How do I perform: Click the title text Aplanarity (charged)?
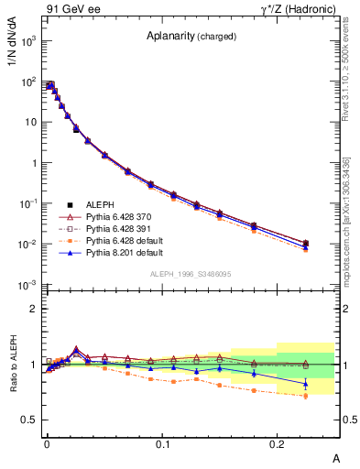pyautogui.click(x=191, y=37)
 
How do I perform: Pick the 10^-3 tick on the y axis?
pyautogui.click(x=30, y=285)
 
